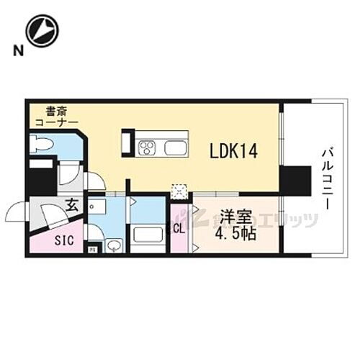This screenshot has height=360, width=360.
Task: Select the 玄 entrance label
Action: (73, 204)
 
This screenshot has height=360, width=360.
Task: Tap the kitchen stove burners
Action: (148, 149)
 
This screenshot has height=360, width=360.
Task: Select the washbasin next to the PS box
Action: (113, 246)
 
